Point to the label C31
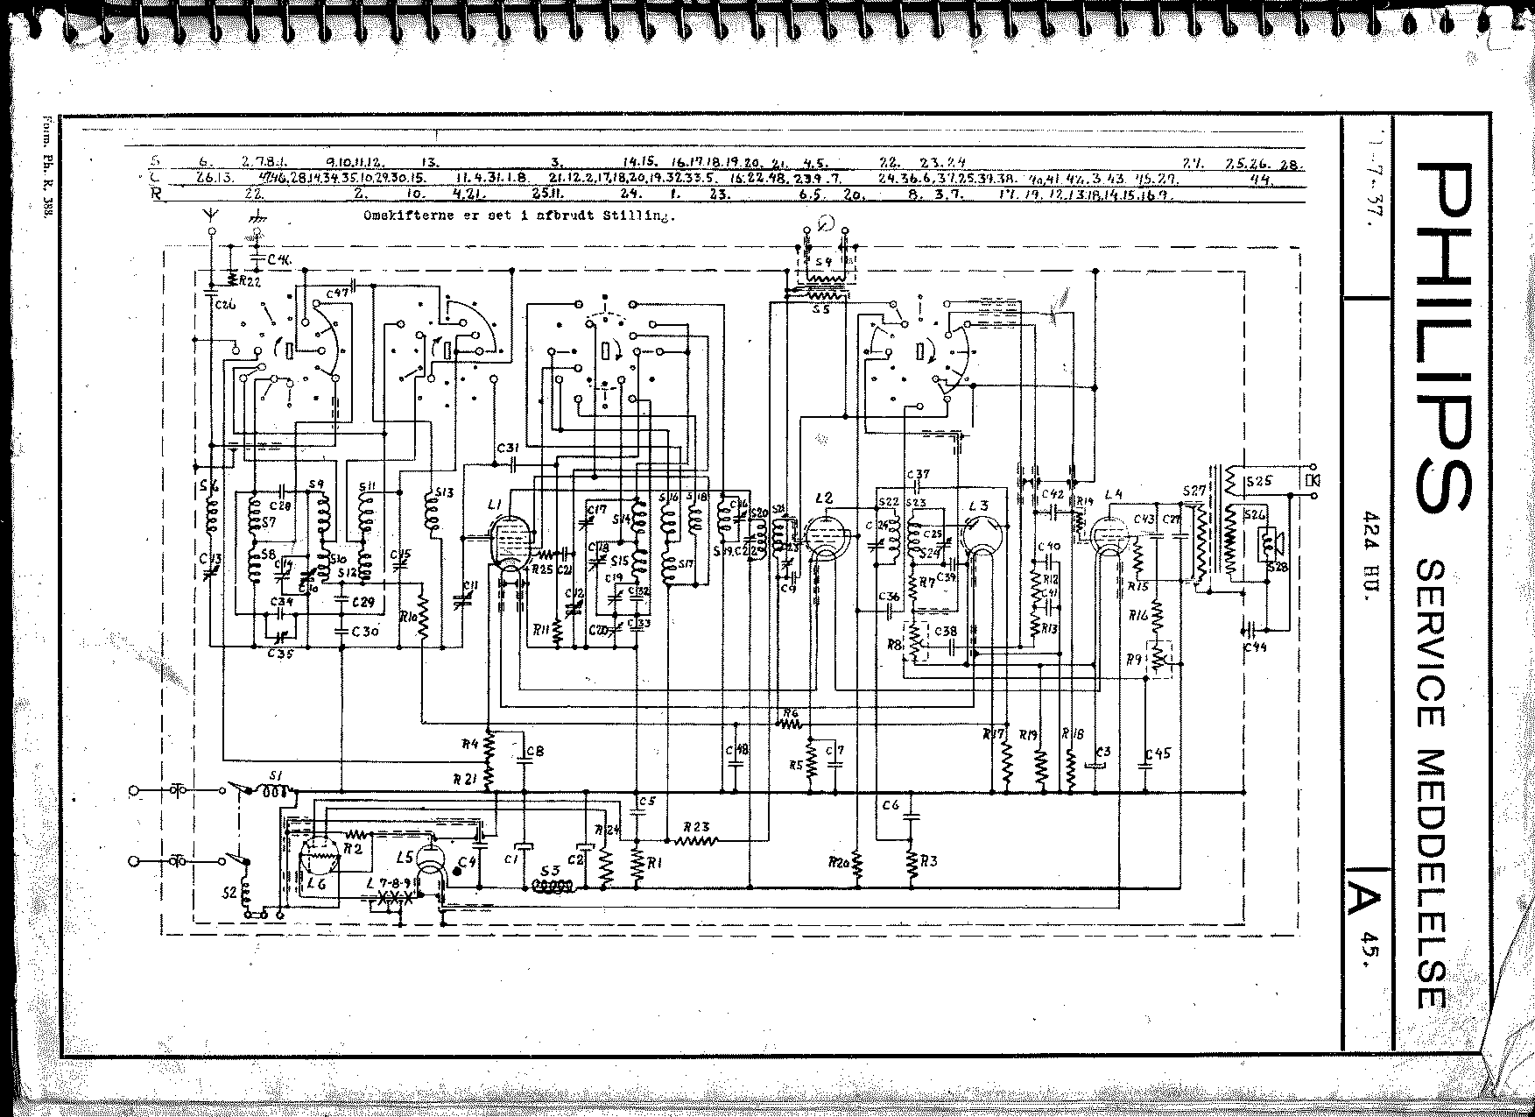pyautogui.click(x=509, y=448)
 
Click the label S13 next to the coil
pyautogui.click(x=444, y=492)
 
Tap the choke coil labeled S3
pyautogui.click(x=552, y=886)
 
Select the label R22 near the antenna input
pyautogui.click(x=252, y=281)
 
